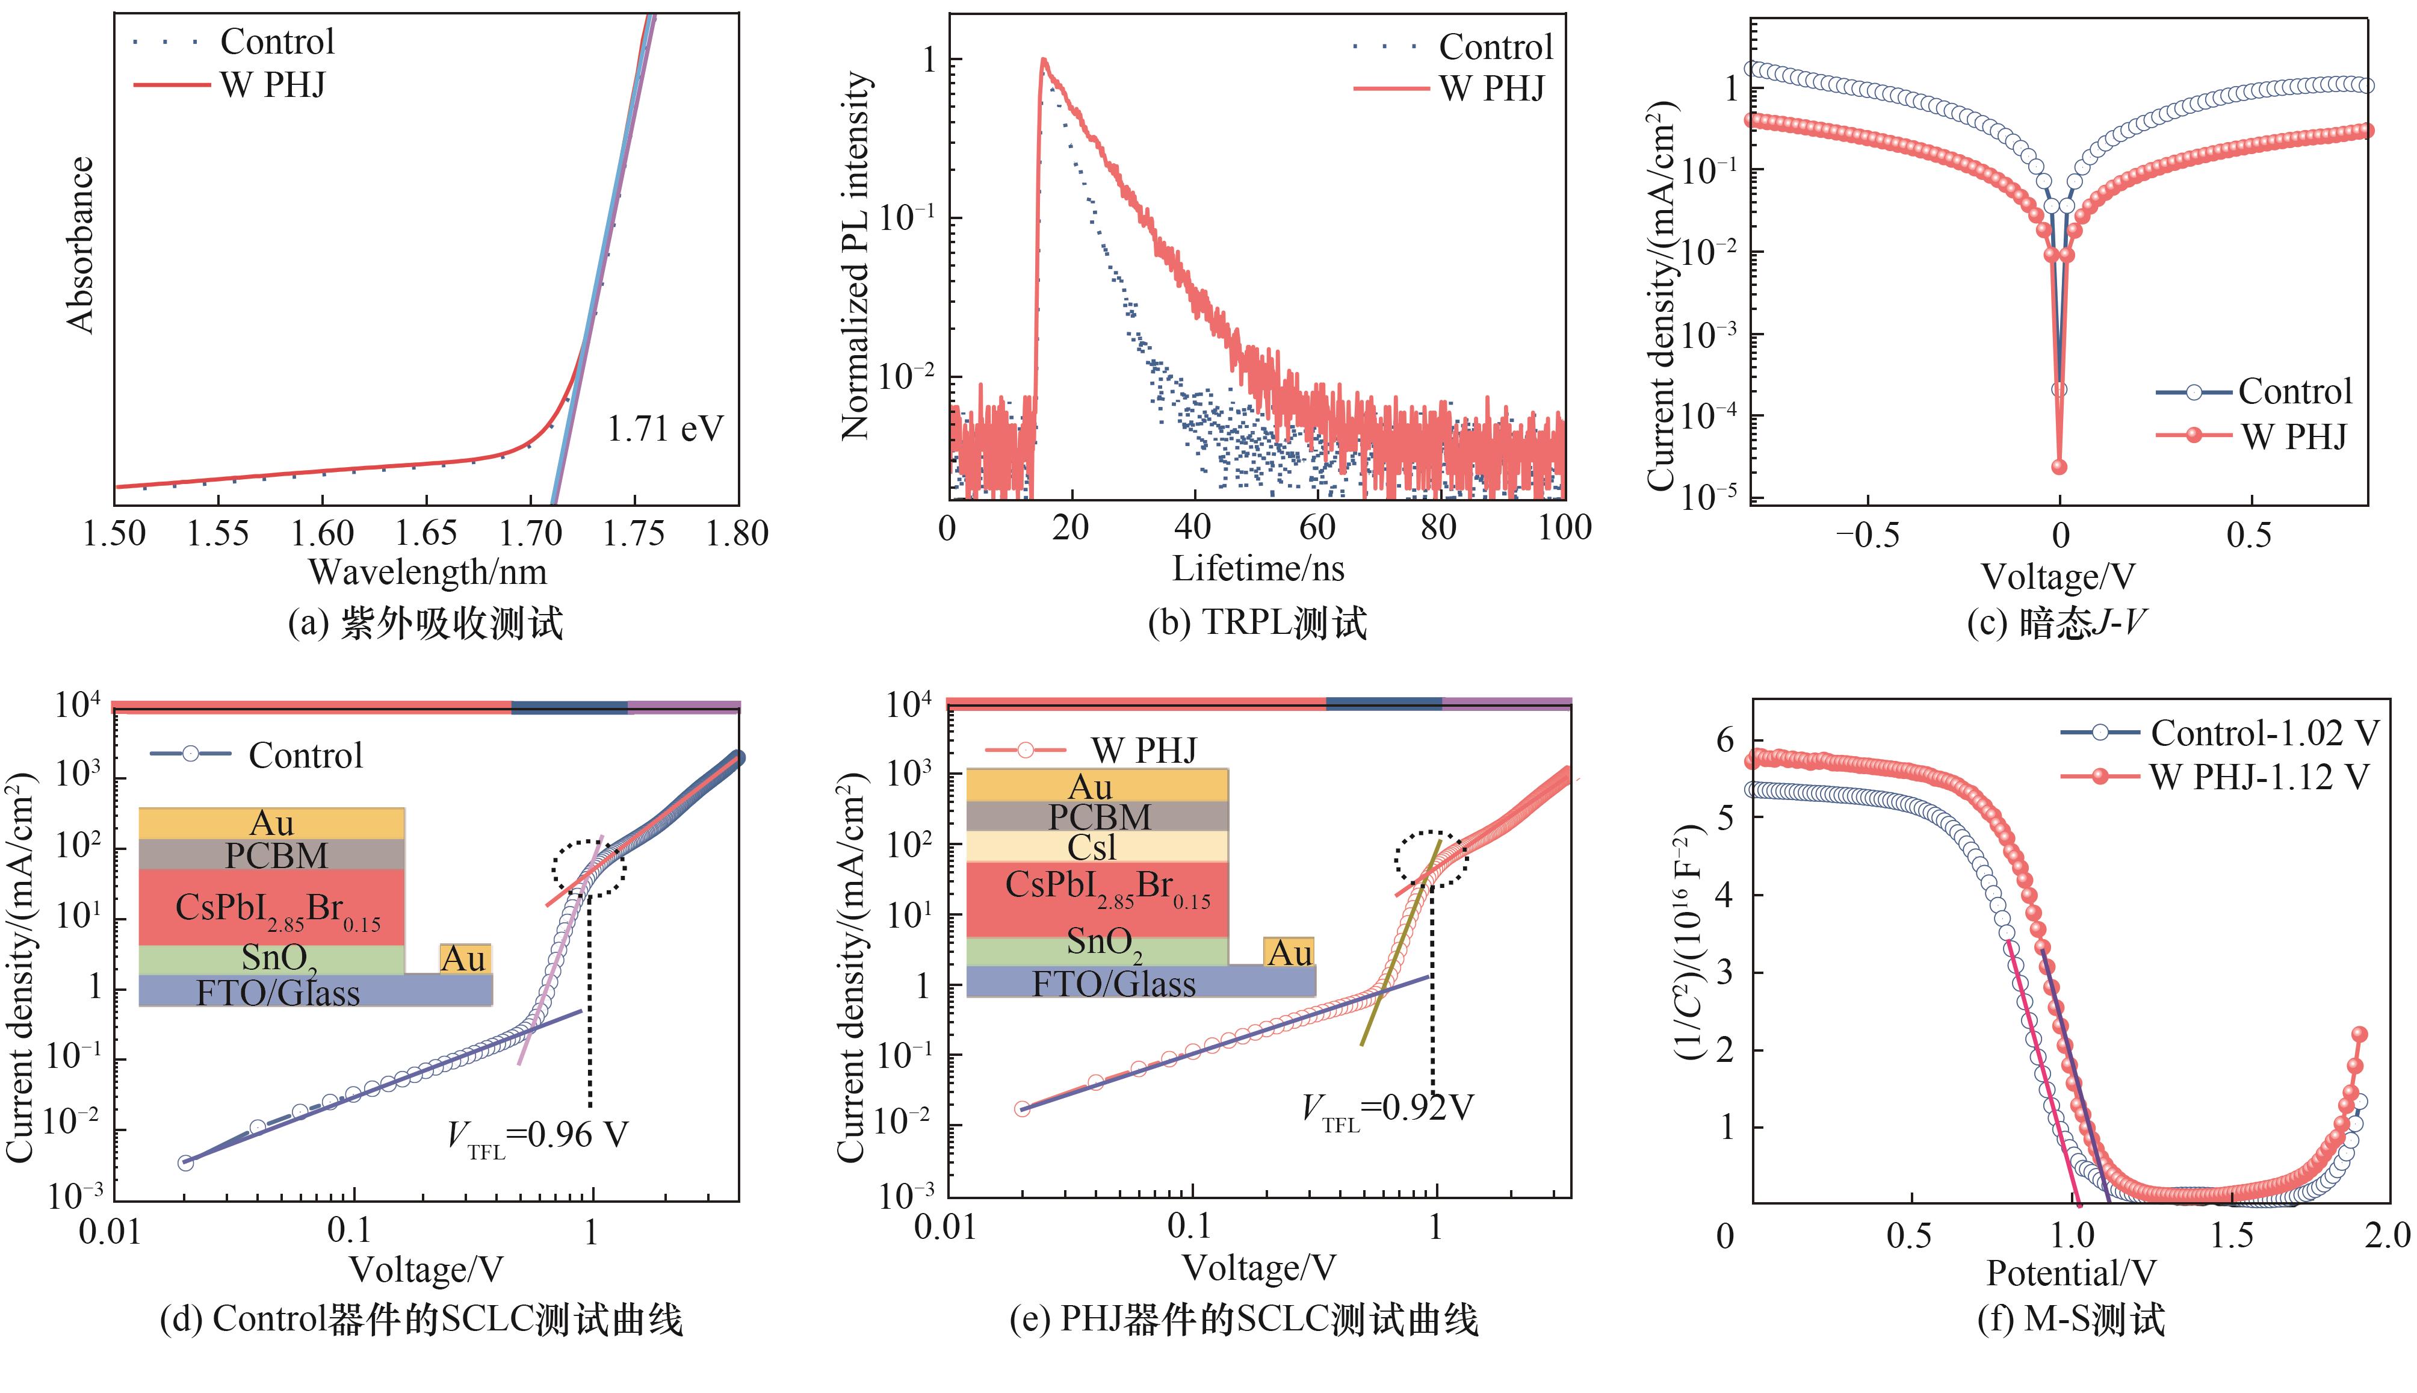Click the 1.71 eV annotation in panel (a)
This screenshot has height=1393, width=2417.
click(x=665, y=429)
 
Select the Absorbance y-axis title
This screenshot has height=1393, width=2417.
click(x=81, y=245)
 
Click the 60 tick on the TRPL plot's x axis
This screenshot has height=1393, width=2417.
click(x=1316, y=527)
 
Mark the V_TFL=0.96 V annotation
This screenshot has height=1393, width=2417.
click(x=537, y=1135)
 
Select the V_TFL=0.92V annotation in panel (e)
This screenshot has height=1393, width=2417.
click(x=1387, y=1109)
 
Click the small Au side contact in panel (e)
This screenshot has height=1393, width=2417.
click(x=1289, y=953)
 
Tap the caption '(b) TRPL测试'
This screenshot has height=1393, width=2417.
click(x=1257, y=623)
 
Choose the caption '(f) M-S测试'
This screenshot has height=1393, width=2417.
click(x=2071, y=1320)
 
